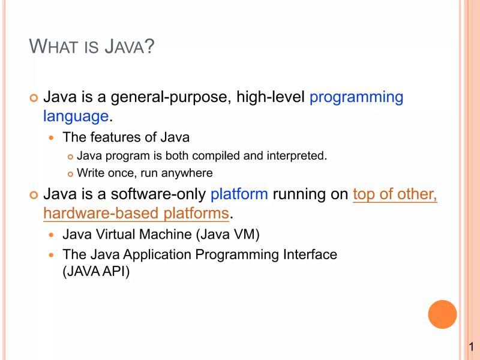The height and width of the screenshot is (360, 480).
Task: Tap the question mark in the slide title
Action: [149, 47]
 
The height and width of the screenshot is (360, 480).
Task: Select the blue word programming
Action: [356, 97]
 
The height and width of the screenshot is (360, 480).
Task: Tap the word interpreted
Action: [295, 156]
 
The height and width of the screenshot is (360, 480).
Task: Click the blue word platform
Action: [239, 194]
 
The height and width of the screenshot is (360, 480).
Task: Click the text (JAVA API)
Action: [96, 271]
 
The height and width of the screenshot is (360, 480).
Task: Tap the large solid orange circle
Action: [443, 314]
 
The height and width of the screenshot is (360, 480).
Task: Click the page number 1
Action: [472, 347]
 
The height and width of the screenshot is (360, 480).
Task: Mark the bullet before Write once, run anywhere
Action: [70, 174]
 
